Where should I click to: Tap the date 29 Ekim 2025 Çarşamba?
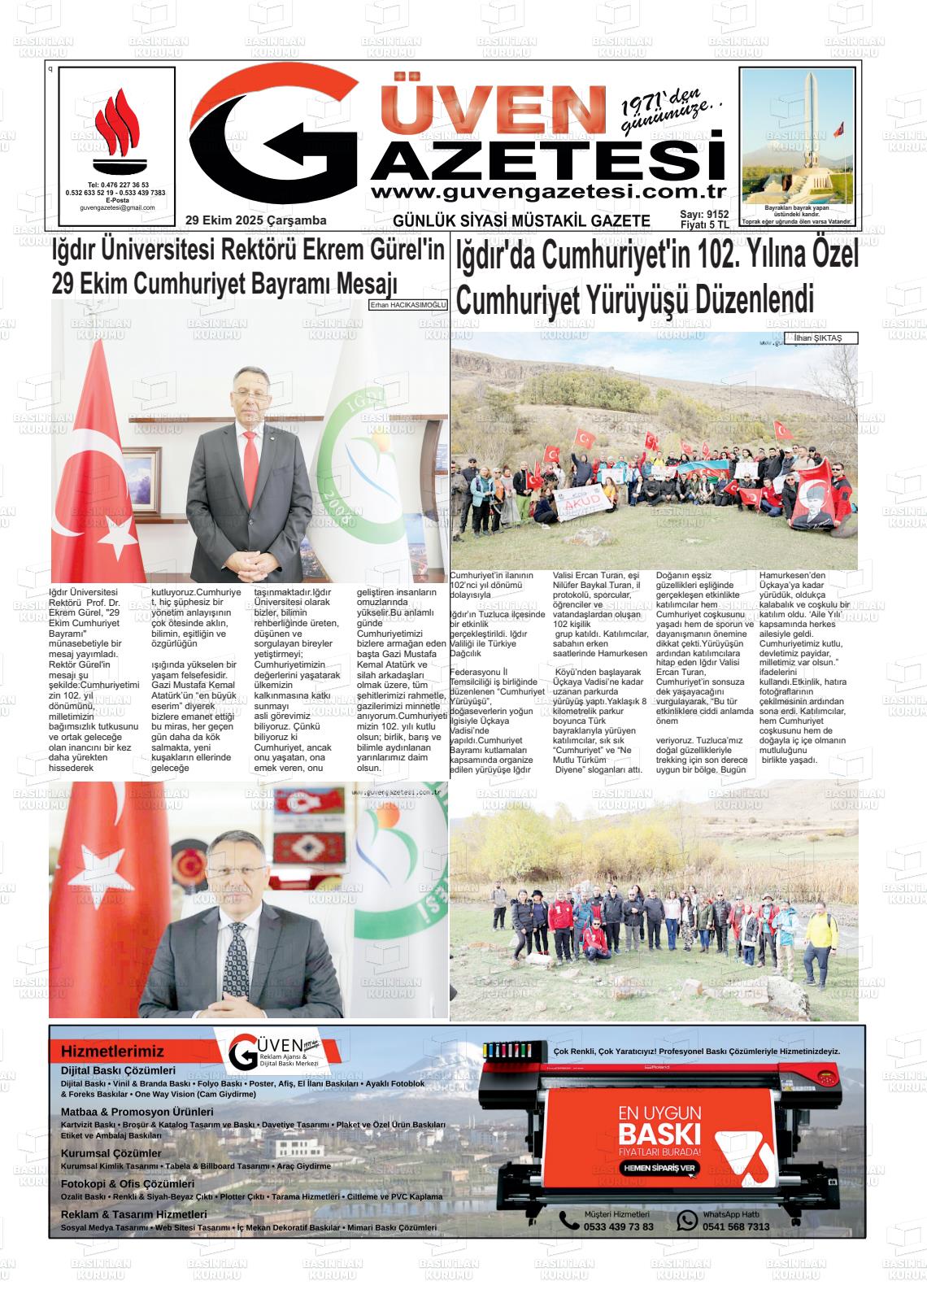point(255,220)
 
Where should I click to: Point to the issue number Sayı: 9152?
point(704,215)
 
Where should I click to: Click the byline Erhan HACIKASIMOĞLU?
point(408,304)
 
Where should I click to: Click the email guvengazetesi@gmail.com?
point(117,208)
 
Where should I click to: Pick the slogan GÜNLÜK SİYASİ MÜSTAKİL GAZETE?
point(521,221)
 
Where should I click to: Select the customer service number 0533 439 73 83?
point(618,1226)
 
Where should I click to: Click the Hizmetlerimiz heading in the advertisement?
point(112,1052)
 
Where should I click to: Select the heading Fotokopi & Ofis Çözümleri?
point(128,1184)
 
